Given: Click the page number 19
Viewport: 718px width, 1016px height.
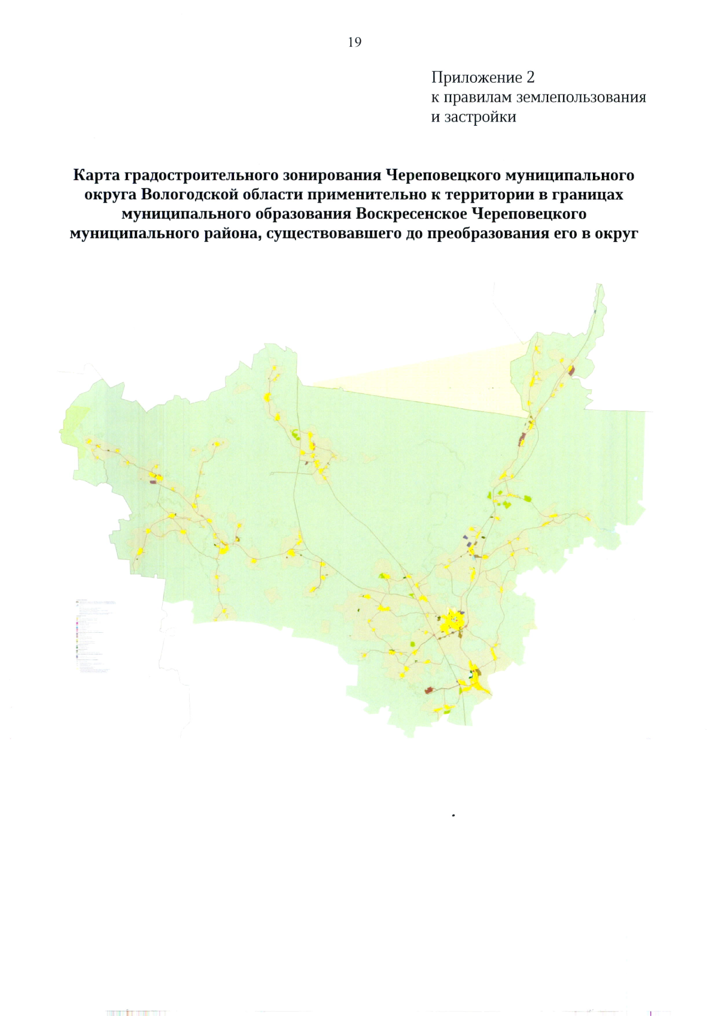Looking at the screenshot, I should tap(354, 42).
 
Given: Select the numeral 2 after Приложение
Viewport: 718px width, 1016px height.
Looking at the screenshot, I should tap(530, 78).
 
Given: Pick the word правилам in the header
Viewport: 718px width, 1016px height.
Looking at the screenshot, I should tap(477, 97).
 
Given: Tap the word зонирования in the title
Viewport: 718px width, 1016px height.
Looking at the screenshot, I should tap(333, 175).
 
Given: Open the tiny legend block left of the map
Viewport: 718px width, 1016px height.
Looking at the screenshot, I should tap(93, 635).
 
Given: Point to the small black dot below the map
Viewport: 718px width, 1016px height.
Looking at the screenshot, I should tap(454, 815).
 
